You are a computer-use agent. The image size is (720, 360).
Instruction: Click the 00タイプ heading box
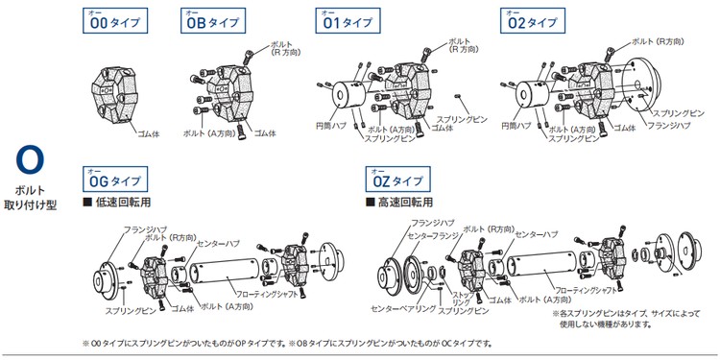[115, 21]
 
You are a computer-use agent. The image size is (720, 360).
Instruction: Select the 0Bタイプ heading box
[213, 21]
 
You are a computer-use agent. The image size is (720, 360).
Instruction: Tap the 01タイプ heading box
[348, 21]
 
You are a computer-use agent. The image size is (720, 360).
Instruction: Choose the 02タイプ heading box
[533, 21]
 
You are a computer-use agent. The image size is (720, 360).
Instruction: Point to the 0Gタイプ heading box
[115, 180]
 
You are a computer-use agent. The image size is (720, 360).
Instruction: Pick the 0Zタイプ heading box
[398, 180]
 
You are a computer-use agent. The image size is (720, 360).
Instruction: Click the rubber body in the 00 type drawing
[113, 97]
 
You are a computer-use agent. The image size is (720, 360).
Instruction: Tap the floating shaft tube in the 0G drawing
[225, 275]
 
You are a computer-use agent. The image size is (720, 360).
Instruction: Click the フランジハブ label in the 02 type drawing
[669, 126]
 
